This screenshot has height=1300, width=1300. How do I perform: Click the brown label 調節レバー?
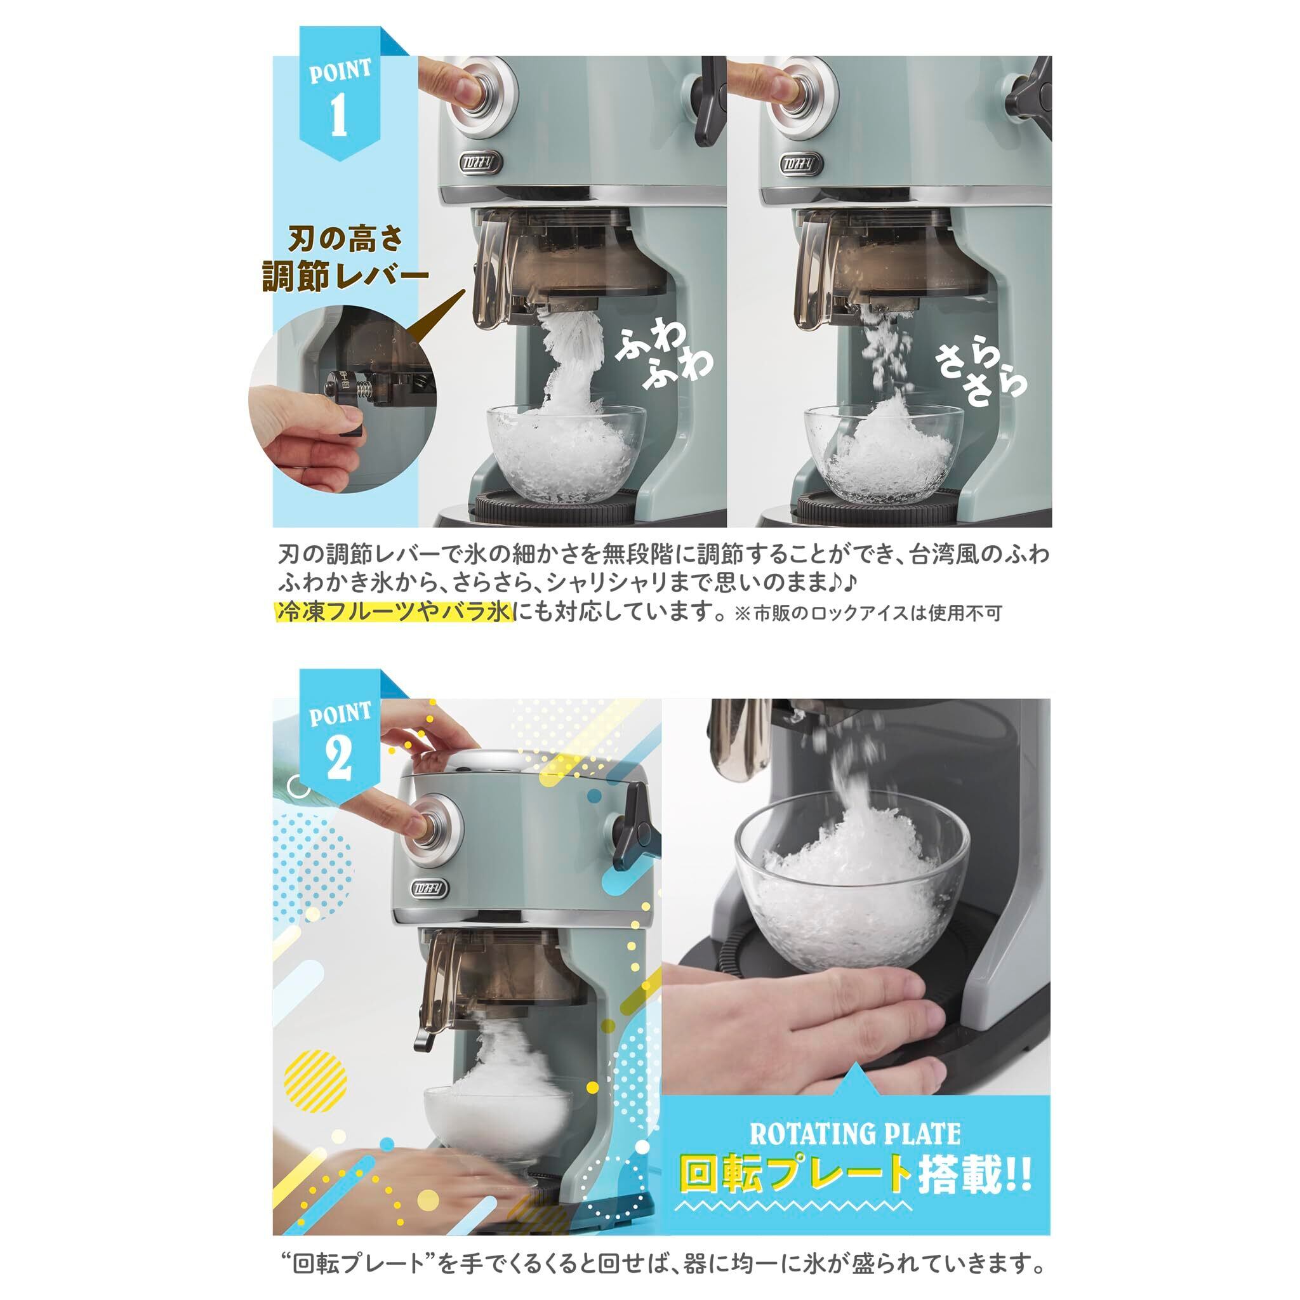tap(345, 275)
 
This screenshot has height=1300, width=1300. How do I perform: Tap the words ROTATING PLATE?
tap(854, 1134)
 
